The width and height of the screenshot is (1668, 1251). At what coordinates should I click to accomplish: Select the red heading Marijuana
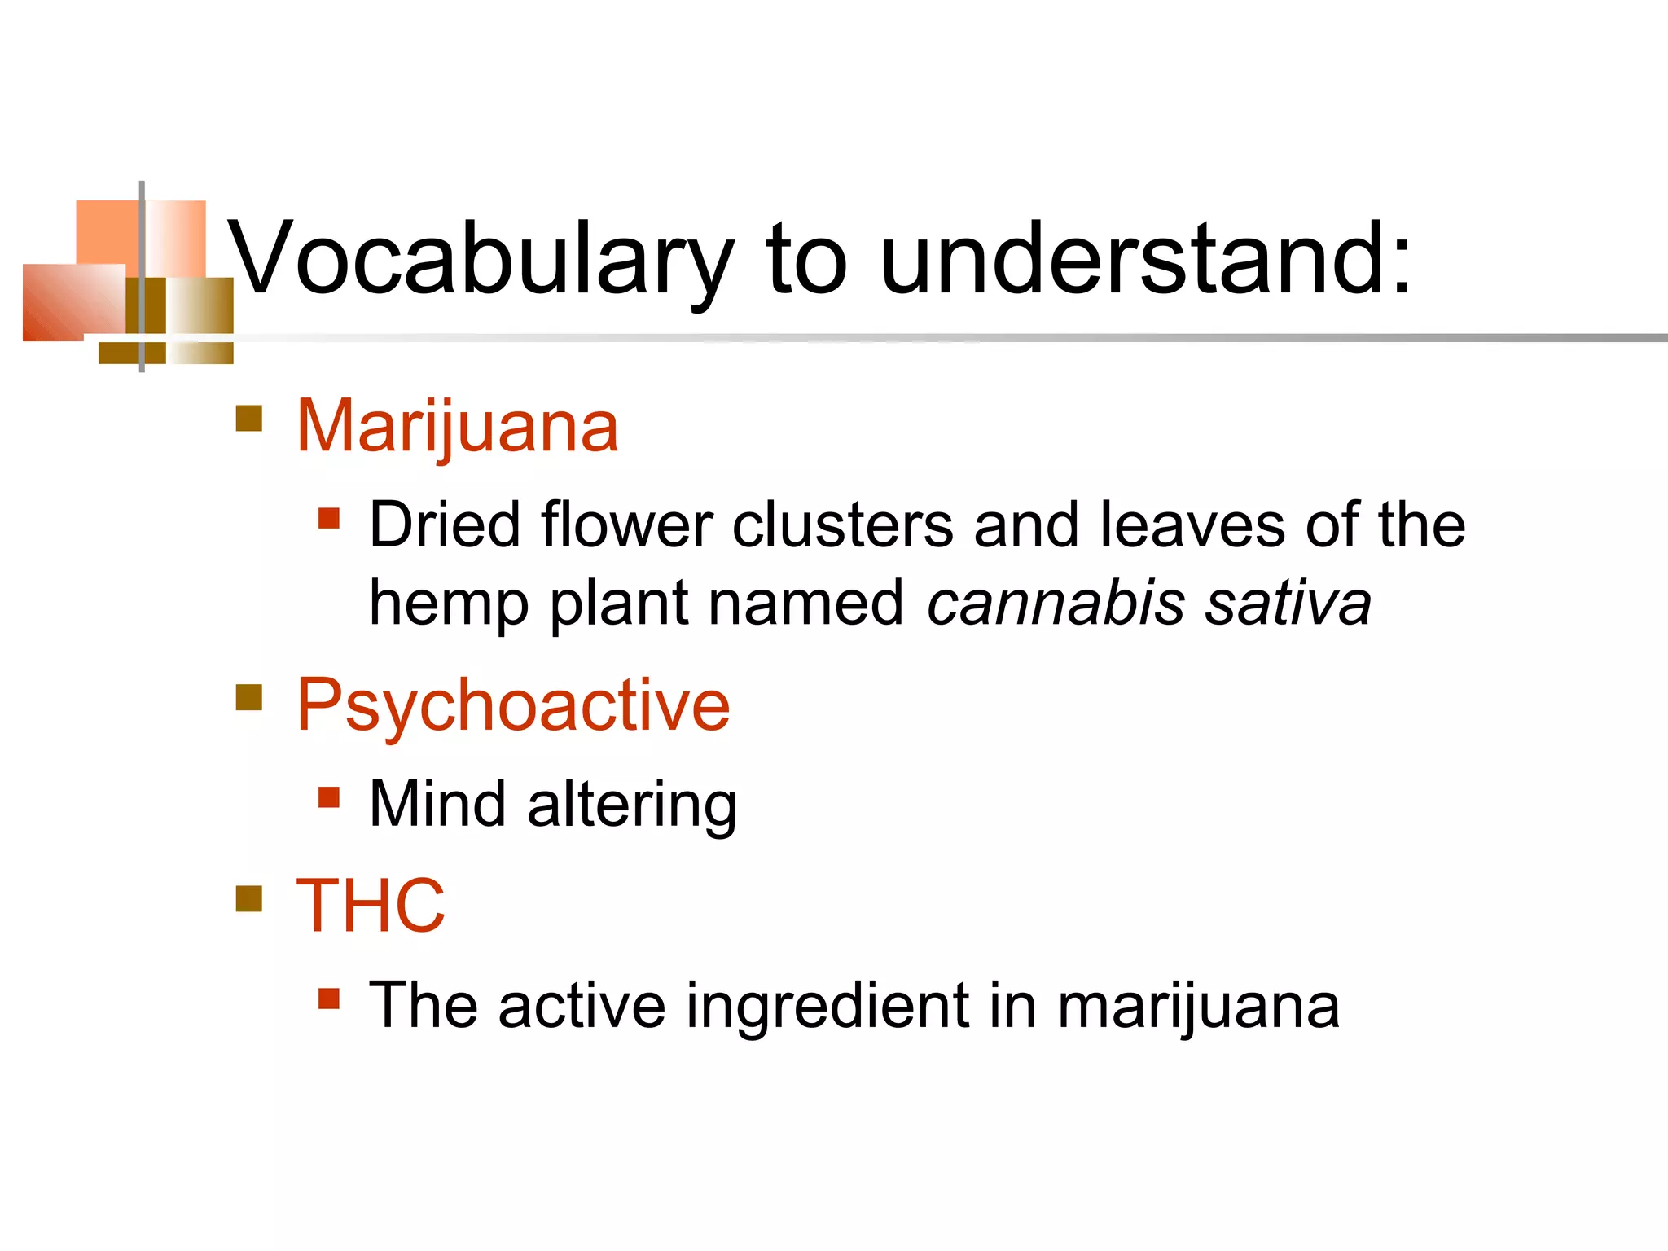click(x=457, y=427)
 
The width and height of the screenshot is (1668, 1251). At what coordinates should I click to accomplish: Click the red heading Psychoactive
click(x=513, y=705)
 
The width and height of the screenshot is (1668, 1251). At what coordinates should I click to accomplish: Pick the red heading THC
click(x=371, y=906)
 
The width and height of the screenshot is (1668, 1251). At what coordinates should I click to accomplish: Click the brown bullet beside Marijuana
click(x=249, y=419)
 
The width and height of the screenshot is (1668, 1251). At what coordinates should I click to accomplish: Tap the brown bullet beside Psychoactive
click(x=249, y=697)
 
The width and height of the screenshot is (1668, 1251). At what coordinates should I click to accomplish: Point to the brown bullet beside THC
click(x=249, y=898)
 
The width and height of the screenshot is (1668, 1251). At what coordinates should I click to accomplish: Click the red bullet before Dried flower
click(x=329, y=519)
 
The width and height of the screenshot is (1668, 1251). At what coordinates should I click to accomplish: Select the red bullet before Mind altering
click(x=329, y=797)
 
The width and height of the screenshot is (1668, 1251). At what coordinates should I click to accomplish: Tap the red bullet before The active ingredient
click(x=329, y=999)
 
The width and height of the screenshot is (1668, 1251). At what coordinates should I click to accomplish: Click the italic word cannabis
click(x=1056, y=604)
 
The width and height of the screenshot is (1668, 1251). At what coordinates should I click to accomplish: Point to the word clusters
click(x=843, y=525)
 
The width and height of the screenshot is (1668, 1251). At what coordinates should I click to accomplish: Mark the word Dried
click(x=445, y=525)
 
